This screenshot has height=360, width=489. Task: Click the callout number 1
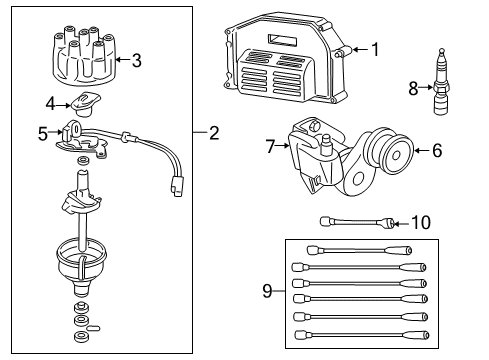tap(376, 48)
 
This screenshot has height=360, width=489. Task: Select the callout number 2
tap(213, 131)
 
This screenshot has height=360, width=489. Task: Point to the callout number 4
tap(51, 101)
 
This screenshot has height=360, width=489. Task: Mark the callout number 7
tap(269, 145)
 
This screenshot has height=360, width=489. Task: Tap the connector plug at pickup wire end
tap(177, 186)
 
